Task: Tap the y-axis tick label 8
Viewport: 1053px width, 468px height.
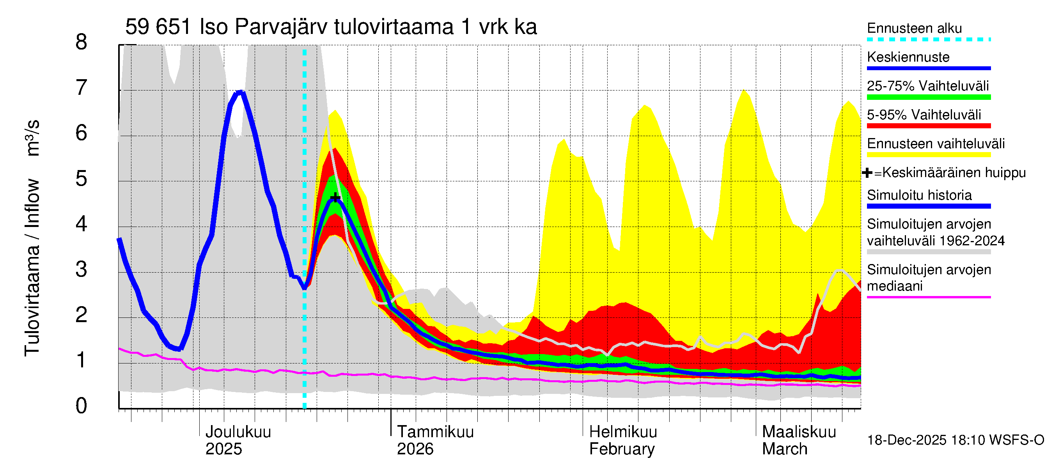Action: [82, 42]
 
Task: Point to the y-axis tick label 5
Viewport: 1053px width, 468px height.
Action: [82, 179]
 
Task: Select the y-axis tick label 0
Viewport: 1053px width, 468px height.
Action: [82, 406]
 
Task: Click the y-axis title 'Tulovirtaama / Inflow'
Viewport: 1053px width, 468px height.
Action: [32, 268]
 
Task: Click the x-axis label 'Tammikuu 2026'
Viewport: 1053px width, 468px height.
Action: [435, 440]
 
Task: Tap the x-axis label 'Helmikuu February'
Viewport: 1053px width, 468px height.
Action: [622, 440]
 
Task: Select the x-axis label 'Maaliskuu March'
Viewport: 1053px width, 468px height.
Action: [799, 440]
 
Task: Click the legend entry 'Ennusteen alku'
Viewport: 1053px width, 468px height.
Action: [914, 28]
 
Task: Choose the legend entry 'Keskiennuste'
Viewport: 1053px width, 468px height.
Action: [908, 57]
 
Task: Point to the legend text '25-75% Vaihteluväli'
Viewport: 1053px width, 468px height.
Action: [927, 86]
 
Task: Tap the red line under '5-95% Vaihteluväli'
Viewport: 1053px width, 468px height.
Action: [928, 126]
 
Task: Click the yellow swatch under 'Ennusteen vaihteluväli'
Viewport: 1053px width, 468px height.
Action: [928, 155]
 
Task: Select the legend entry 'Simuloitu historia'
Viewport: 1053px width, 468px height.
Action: [919, 195]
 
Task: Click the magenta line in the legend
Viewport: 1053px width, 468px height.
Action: [928, 297]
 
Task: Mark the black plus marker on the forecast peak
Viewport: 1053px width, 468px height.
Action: [335, 198]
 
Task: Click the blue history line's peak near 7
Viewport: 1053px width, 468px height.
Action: [240, 92]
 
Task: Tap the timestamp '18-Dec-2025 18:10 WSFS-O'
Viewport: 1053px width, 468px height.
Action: [955, 440]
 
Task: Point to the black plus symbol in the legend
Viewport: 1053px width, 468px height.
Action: [867, 173]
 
